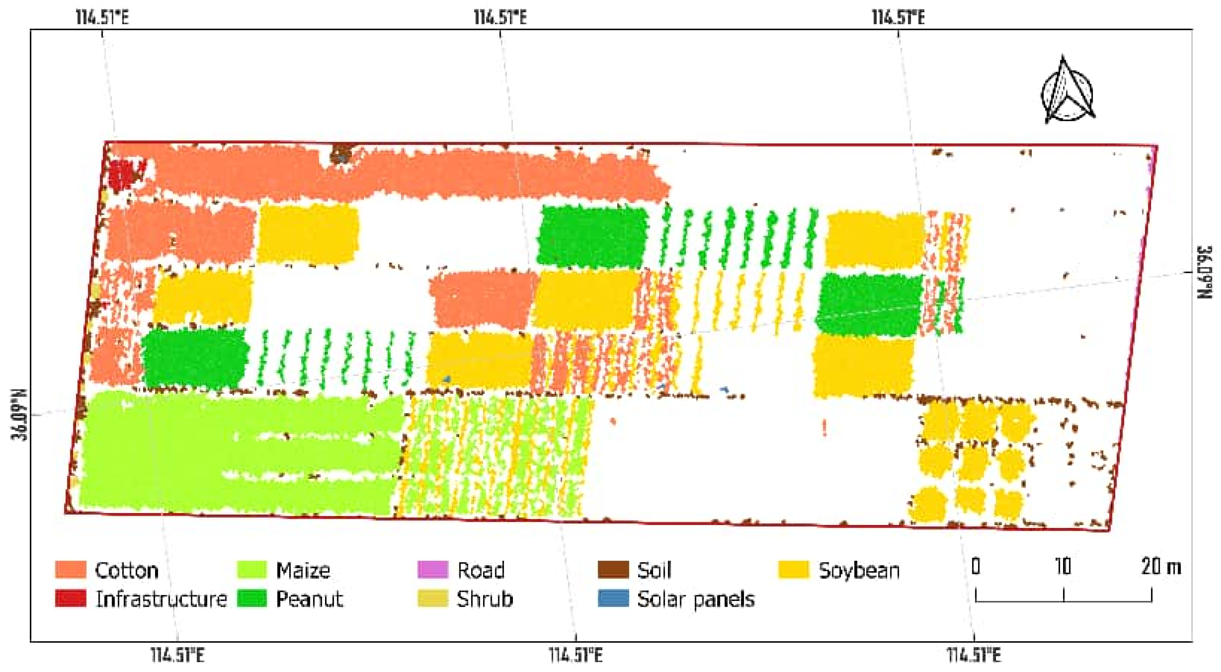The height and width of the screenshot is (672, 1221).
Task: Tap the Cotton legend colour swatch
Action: point(71,569)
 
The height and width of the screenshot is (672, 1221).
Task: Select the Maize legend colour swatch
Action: point(251,569)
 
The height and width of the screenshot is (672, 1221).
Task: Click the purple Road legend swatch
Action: point(432,569)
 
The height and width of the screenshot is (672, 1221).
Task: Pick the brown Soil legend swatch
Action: point(613,569)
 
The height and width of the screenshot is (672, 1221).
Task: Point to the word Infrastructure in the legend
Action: point(161,599)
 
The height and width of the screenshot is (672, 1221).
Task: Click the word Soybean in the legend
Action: point(859,570)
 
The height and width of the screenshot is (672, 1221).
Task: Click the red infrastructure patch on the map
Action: point(119,174)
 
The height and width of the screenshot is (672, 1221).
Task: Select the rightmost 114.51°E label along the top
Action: point(898,18)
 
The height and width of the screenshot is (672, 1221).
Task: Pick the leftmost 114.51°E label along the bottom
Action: point(178,656)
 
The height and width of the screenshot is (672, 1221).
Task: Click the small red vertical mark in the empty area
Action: point(825,427)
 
